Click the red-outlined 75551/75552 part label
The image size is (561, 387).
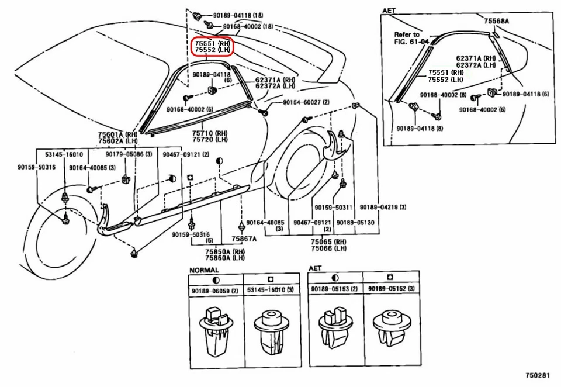[212, 47]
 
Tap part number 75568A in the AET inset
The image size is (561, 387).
[496, 21]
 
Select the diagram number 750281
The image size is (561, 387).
[538, 375]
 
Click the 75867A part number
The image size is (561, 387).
[244, 239]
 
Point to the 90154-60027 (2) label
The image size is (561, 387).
[306, 102]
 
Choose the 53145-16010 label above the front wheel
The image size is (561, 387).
[64, 154]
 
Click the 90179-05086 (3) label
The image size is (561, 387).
[129, 154]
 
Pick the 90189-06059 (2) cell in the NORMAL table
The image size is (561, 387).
[215, 291]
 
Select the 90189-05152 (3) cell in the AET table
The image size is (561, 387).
[392, 289]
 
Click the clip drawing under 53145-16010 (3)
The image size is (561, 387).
[272, 331]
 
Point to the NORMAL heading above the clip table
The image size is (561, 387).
[203, 270]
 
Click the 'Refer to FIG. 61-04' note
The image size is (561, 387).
[411, 38]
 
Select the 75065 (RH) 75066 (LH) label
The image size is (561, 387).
[328, 245]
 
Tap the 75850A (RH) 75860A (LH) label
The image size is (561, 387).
[224, 254]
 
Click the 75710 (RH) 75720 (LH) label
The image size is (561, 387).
[210, 136]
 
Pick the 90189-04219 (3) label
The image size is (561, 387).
[383, 208]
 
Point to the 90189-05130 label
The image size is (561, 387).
[355, 223]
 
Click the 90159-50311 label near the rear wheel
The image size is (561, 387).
[334, 208]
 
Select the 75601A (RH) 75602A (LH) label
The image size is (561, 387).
[117, 138]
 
